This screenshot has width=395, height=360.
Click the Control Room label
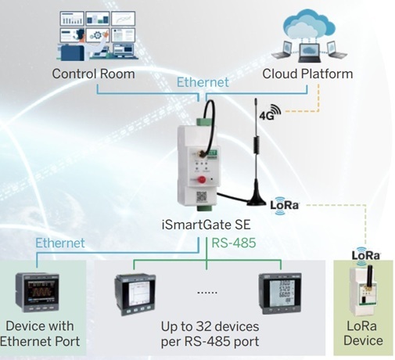[93, 74]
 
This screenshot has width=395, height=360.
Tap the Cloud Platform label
[307, 74]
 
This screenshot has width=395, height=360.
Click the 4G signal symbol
[271, 112]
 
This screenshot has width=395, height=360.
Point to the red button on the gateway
[202, 179]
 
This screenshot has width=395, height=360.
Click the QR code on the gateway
[202, 196]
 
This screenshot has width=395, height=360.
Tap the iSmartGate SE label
[206, 225]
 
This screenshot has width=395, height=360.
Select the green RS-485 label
[234, 243]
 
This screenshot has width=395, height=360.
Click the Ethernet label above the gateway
[203, 82]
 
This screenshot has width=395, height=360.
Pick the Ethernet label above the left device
[60, 243]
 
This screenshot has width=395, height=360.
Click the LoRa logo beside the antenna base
[285, 205]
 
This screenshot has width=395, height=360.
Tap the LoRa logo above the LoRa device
[366, 255]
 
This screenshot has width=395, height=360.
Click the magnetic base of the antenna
[257, 200]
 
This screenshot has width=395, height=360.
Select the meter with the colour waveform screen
[37, 292]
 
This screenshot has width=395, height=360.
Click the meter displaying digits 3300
[280, 293]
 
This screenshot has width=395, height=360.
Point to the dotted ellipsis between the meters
[207, 293]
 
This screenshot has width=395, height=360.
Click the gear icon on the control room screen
[97, 35]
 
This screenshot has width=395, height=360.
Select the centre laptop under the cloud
[309, 53]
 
